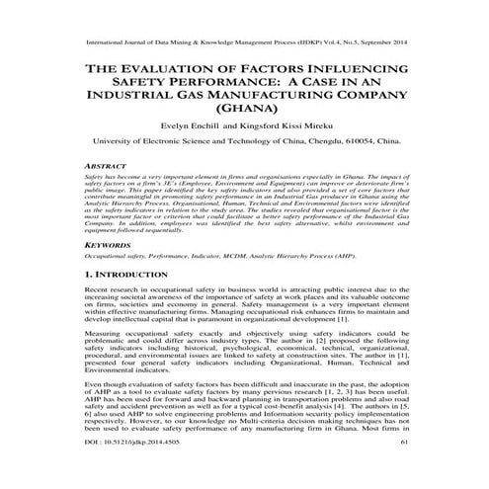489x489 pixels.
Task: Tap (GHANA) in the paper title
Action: tap(245, 109)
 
